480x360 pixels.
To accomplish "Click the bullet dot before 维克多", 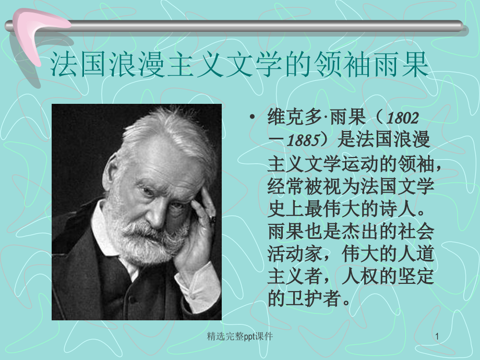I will (x=254, y=117).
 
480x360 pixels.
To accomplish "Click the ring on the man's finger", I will (x=212, y=220).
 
